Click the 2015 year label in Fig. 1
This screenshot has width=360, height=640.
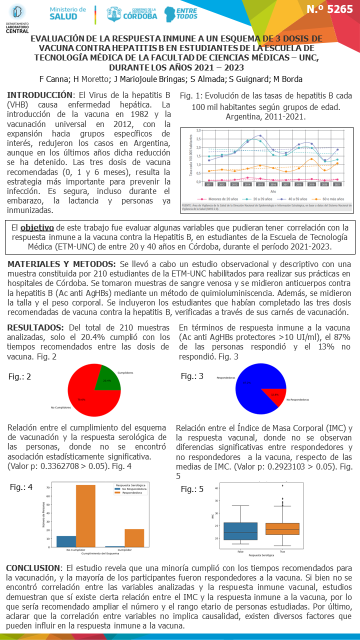click(260, 184)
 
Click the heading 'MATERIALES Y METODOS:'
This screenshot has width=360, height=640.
click(61, 264)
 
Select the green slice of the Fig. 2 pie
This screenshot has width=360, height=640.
click(107, 375)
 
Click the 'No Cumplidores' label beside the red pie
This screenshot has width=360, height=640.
click(59, 408)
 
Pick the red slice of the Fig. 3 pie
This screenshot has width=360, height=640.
click(272, 395)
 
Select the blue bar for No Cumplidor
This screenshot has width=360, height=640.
click(66, 541)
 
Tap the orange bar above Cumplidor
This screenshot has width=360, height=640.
click(134, 538)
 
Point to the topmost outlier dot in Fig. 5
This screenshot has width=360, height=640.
click(283, 485)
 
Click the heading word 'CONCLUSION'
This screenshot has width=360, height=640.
click(33, 568)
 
